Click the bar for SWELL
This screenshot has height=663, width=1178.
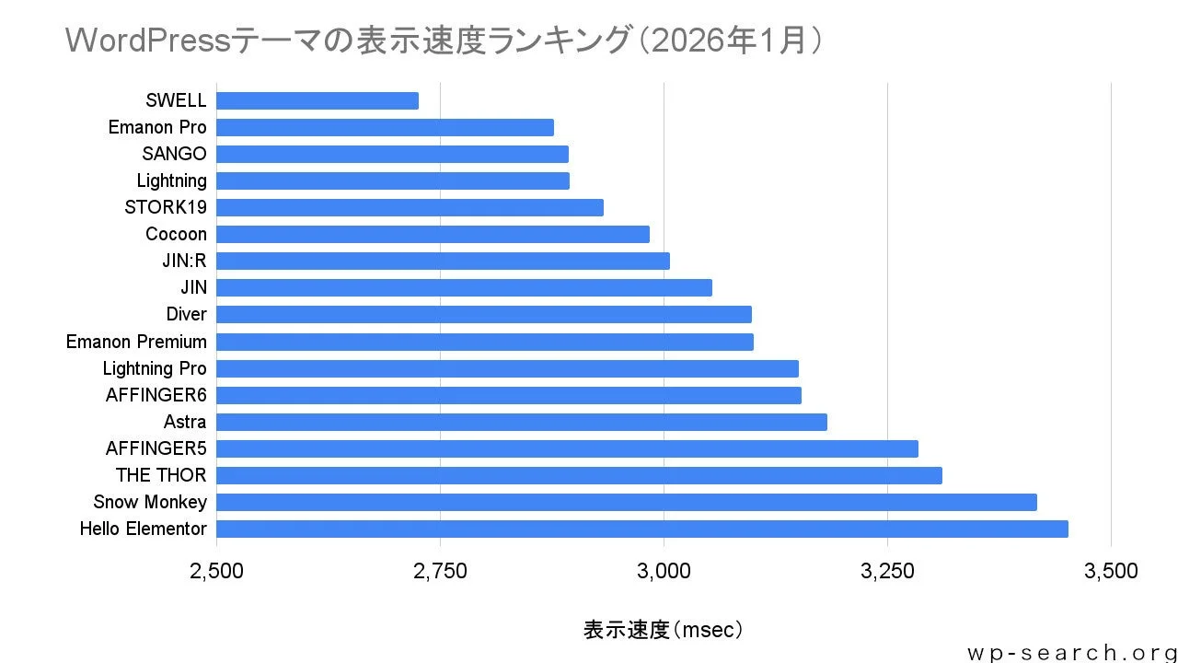click(318, 100)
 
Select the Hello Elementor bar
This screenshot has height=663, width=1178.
click(641, 529)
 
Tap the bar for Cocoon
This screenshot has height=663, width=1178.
click(433, 234)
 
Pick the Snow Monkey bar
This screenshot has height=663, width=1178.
click(626, 502)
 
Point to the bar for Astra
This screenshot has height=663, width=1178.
click(521, 422)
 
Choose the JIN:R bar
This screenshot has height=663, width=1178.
click(443, 261)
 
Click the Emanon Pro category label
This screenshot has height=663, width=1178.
click(157, 127)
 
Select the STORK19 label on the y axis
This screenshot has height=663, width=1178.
click(166, 207)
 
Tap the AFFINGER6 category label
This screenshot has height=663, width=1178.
click(156, 395)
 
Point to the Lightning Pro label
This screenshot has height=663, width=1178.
click(155, 368)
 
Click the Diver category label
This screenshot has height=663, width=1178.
click(186, 314)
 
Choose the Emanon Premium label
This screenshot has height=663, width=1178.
click(136, 342)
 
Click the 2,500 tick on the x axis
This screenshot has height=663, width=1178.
click(216, 571)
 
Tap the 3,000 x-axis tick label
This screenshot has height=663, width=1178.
click(664, 571)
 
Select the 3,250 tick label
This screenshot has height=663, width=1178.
click(887, 571)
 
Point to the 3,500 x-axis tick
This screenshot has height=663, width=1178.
click(1111, 571)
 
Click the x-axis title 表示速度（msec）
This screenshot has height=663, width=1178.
click(663, 630)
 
